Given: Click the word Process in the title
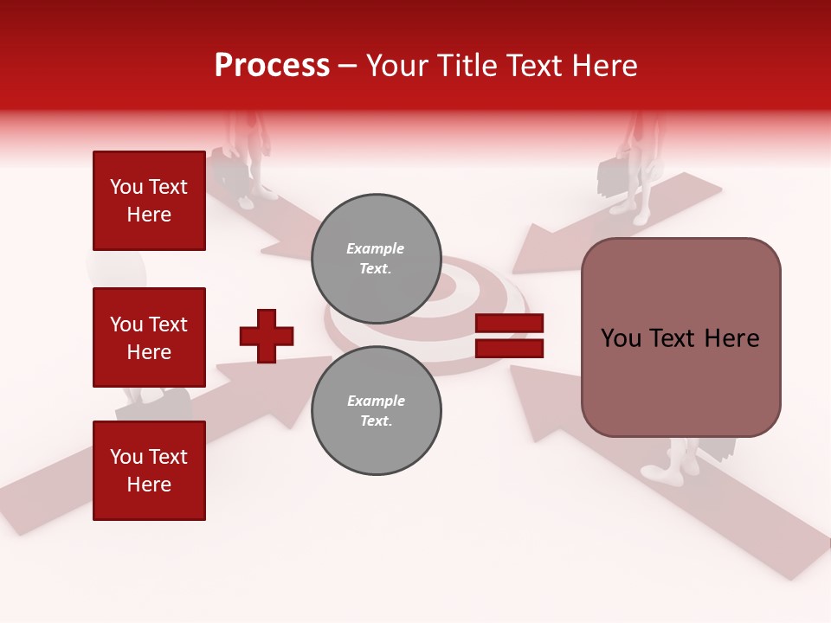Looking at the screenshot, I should click(x=272, y=66).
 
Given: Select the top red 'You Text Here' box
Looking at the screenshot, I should click(x=149, y=201).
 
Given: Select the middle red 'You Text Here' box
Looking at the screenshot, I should click(x=149, y=337).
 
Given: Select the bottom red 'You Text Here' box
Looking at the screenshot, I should click(x=149, y=470).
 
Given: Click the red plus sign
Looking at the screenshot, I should click(x=267, y=336).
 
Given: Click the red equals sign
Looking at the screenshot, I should click(x=509, y=336).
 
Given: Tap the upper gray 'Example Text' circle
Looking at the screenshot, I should click(x=376, y=259).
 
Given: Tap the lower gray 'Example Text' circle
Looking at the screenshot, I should click(x=376, y=411).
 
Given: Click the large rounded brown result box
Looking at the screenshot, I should click(x=680, y=337).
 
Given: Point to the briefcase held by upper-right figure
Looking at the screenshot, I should click(x=613, y=177).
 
